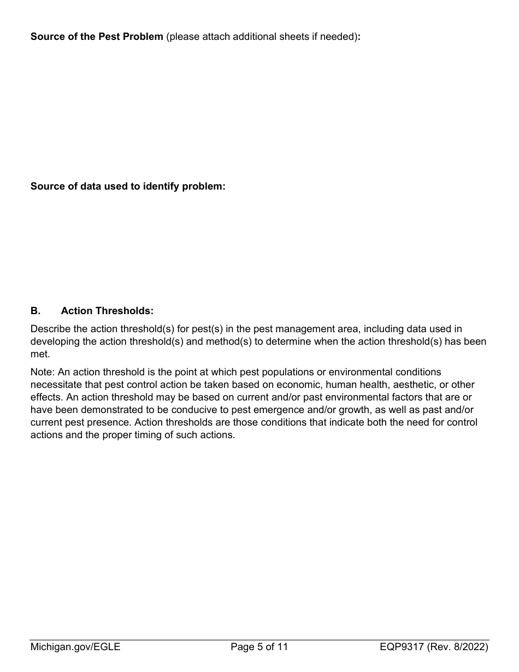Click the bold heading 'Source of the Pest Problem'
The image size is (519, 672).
point(97,37)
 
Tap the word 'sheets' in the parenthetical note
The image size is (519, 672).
point(293,37)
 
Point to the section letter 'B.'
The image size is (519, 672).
point(36,311)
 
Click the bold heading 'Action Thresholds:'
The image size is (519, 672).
point(107,311)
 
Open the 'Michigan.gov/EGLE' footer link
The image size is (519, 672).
point(75,647)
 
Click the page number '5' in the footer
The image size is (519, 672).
point(259,647)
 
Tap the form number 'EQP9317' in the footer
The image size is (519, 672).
point(402,647)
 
